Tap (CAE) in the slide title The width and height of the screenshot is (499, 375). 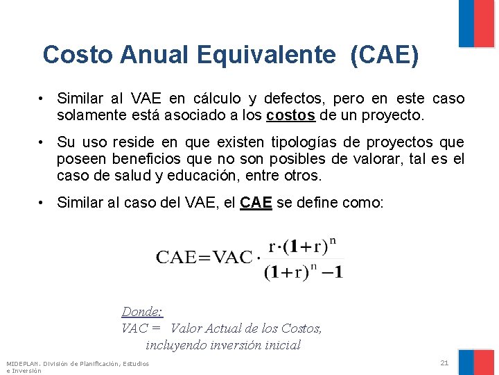[385, 55]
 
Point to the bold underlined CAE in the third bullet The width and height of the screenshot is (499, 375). [256, 203]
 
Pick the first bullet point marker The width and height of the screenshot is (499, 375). [42, 99]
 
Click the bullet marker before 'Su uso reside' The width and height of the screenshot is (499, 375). [42, 142]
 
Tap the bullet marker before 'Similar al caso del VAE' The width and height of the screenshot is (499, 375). [42, 203]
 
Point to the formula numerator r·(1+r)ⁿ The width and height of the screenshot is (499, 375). [302, 247]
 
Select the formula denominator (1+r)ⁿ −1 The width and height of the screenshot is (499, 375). [303, 272]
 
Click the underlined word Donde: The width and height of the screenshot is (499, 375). [141, 312]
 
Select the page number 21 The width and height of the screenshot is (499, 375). [444, 362]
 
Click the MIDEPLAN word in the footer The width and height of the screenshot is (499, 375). [22, 363]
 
